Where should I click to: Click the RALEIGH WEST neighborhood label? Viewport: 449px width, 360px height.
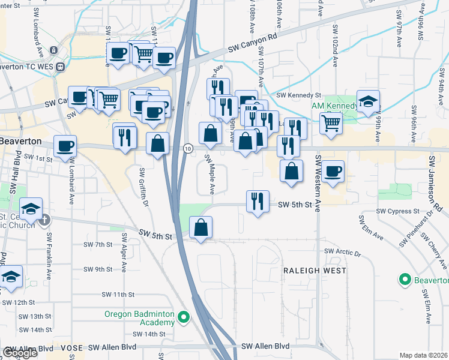[x=315, y=271]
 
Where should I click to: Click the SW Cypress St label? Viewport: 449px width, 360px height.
[x=397, y=211]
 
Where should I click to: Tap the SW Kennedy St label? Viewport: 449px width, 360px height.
[x=299, y=95]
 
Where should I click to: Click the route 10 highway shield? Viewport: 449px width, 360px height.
[x=188, y=148]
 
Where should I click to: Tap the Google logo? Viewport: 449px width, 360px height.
[x=20, y=353]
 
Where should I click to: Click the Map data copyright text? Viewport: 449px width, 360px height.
[x=424, y=355]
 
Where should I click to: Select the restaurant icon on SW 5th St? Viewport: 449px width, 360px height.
[x=258, y=202]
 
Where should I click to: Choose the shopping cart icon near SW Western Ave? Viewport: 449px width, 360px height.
[x=331, y=124]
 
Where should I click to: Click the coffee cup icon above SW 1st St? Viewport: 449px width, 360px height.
[x=65, y=146]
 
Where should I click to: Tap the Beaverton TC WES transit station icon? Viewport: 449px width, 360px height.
[x=59, y=67]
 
